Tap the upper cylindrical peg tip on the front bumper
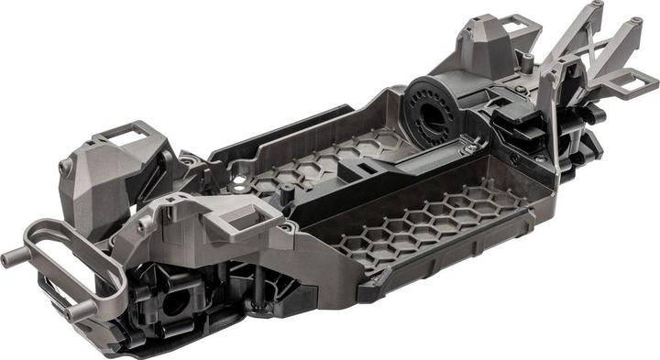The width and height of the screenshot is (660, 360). (11, 259)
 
